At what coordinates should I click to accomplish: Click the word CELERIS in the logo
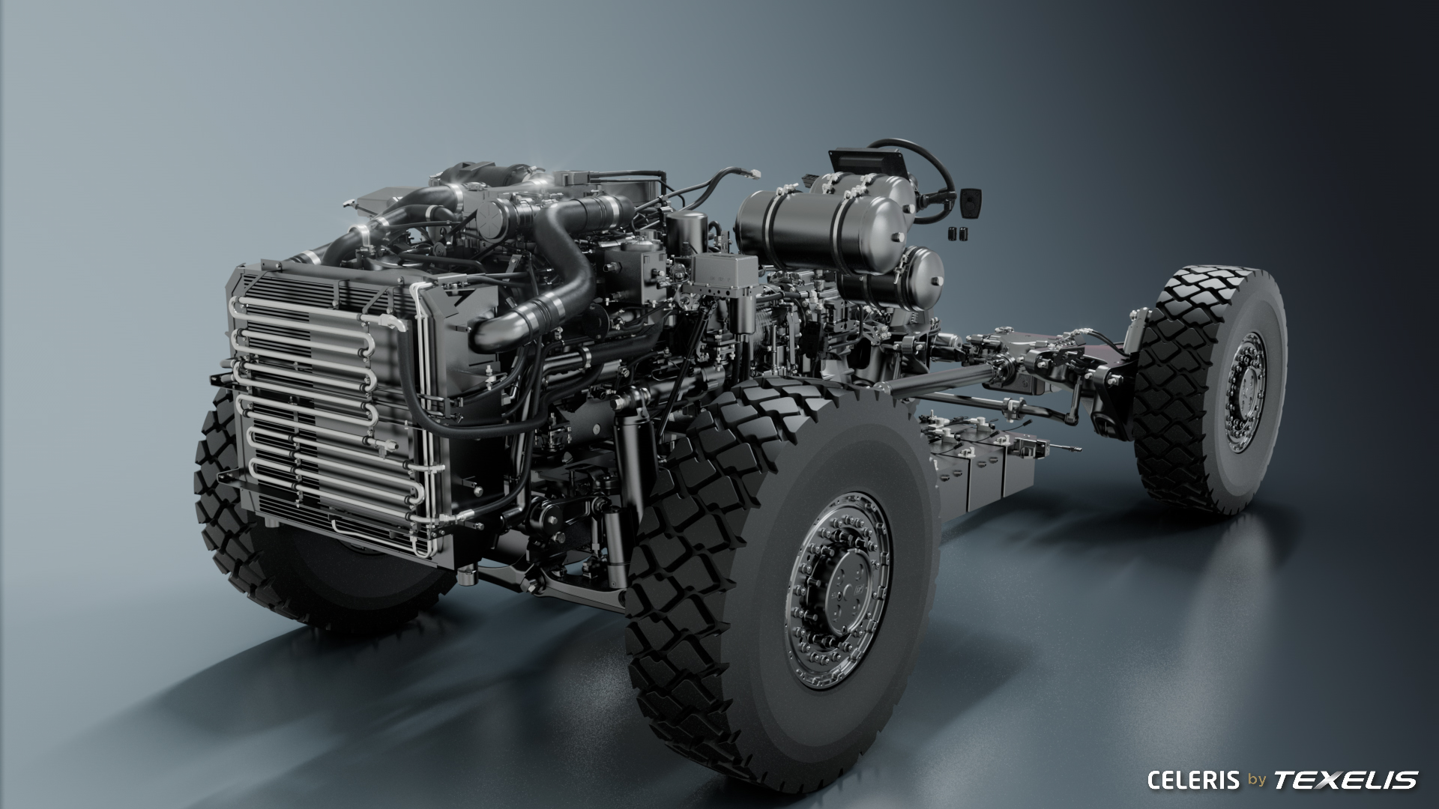(x=1193, y=780)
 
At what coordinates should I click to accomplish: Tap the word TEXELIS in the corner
(x=1346, y=780)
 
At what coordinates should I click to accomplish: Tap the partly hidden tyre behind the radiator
(x=315, y=539)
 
